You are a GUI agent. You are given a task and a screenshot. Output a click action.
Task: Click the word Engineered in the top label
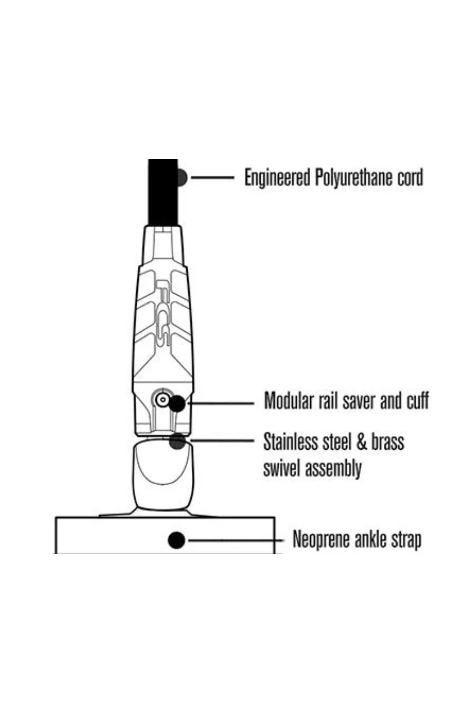click(277, 178)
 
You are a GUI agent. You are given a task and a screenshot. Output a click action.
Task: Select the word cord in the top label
click(410, 178)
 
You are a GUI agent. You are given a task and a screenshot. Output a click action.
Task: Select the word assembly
click(333, 469)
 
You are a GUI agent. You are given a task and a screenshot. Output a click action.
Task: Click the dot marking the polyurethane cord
click(182, 177)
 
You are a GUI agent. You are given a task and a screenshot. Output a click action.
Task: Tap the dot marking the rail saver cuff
click(177, 403)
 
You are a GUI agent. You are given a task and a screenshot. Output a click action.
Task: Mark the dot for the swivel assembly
click(177, 441)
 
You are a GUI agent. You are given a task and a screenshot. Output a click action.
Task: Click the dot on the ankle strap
click(176, 540)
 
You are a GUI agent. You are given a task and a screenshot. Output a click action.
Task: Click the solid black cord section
click(162, 192)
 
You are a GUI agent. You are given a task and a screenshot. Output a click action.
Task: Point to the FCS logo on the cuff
click(163, 314)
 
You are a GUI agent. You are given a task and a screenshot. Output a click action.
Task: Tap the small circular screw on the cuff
click(163, 399)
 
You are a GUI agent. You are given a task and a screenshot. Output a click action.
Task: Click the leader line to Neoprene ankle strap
click(236, 540)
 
